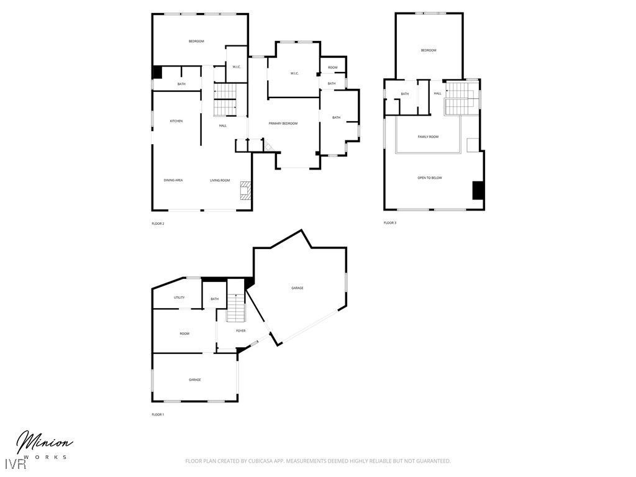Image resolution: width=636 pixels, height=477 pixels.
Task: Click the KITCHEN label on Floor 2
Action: (176, 121)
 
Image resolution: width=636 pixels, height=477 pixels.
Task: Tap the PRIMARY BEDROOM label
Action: (283, 124)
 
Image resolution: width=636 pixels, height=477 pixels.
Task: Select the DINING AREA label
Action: (173, 180)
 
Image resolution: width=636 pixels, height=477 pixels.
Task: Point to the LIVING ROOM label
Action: (220, 180)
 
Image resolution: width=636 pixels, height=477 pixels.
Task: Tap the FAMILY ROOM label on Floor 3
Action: (428, 137)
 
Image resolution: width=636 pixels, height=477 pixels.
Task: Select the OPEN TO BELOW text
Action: (430, 178)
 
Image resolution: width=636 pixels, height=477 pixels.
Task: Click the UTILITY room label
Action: (179, 298)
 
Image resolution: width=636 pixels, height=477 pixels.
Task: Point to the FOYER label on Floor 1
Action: (241, 330)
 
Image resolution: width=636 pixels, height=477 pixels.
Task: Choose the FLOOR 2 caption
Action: (158, 224)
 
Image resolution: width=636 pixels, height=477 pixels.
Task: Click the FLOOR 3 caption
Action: (389, 222)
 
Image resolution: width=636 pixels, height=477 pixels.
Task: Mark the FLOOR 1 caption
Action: (158, 414)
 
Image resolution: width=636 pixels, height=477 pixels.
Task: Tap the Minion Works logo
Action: (43, 445)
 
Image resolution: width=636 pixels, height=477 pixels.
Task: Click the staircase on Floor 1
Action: (236, 307)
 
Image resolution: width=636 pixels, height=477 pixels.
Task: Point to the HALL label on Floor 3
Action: (438, 94)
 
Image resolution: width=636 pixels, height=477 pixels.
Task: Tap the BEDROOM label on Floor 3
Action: (429, 50)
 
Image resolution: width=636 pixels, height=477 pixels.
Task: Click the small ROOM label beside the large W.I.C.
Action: (333, 67)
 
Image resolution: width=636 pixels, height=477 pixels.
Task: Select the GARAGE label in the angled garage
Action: (298, 288)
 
